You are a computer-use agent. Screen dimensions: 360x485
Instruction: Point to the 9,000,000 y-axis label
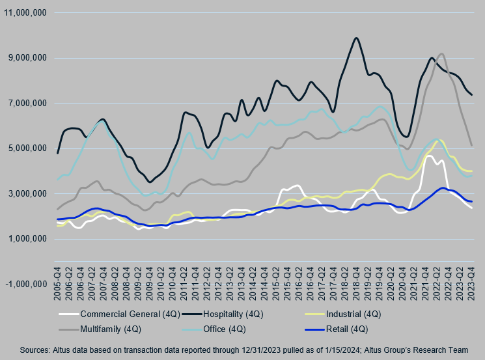[x=27, y=58]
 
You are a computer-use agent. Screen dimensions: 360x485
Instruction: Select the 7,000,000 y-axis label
[x=27, y=103]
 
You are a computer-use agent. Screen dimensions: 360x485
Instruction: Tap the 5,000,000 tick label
[x=27, y=148]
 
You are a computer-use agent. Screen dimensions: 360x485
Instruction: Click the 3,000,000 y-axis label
[x=27, y=193]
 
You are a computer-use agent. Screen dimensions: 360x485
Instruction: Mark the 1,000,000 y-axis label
[x=27, y=239]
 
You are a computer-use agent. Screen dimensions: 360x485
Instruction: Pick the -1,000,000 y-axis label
[x=25, y=284]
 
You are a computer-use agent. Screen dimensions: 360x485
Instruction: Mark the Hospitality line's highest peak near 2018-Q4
[x=356, y=38]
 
